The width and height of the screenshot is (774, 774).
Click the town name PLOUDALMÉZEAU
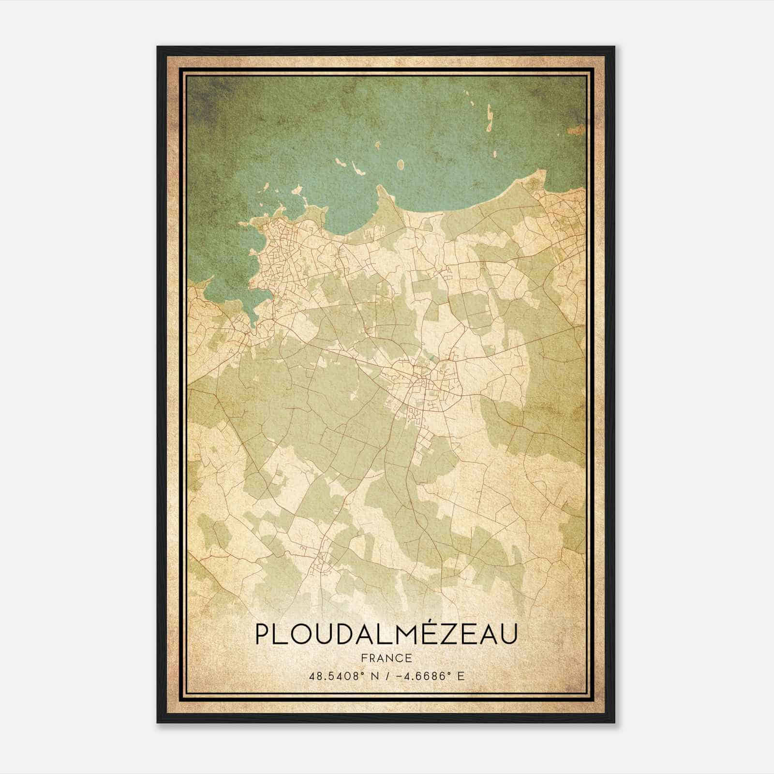[x=386, y=634]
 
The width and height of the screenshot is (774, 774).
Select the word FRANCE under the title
[x=386, y=658]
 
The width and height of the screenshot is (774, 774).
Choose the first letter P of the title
[x=263, y=634]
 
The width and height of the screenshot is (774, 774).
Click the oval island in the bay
[x=400, y=165]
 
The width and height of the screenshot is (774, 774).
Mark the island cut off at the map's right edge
[x=578, y=129]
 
